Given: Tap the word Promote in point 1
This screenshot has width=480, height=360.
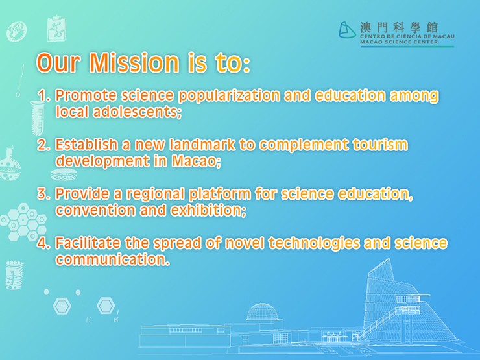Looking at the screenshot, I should pos(81,96).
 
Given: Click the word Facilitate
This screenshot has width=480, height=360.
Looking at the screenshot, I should pos(86,244).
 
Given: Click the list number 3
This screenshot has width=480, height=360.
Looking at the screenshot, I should pos(43,194).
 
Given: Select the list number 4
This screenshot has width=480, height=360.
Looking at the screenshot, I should pos(43,244).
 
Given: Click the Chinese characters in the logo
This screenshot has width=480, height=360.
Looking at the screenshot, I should pos(398,28).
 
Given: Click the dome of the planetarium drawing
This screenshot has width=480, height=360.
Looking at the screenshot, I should pos(265,311).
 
